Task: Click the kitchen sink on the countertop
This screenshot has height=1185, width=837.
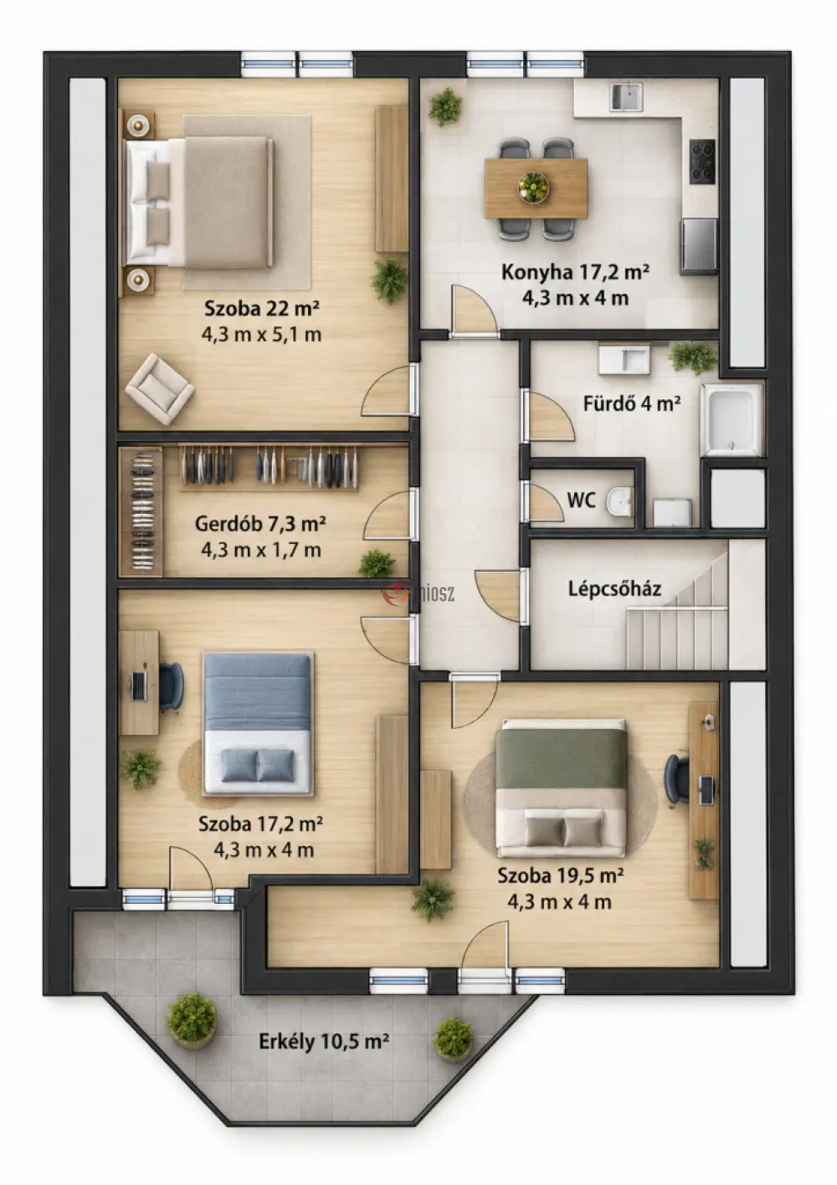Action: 626,97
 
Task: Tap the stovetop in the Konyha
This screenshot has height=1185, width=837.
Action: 702,162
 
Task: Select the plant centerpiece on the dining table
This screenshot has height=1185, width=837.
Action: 533,187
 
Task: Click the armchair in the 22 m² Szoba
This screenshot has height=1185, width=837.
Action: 159,389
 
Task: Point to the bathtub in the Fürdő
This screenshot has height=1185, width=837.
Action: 732,419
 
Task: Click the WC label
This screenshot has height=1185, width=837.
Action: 581,500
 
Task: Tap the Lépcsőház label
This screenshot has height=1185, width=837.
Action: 615,589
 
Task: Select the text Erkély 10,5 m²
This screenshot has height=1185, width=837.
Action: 324,1041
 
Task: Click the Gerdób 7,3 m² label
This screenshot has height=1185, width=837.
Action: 260,523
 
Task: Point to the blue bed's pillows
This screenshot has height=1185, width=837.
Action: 258,766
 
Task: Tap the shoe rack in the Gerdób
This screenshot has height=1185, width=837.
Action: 141,511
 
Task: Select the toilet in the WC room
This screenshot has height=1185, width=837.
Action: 619,500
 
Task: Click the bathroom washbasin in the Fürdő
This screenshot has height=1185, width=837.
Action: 624,360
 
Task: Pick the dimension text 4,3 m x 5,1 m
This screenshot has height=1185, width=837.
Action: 261,335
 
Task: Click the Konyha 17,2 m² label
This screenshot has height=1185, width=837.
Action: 575,272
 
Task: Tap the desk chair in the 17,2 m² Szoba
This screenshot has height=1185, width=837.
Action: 171,686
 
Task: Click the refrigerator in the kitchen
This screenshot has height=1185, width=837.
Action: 698,245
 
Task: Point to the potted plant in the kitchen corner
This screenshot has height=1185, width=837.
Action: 445,106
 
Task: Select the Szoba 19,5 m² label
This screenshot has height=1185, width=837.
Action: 560,875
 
